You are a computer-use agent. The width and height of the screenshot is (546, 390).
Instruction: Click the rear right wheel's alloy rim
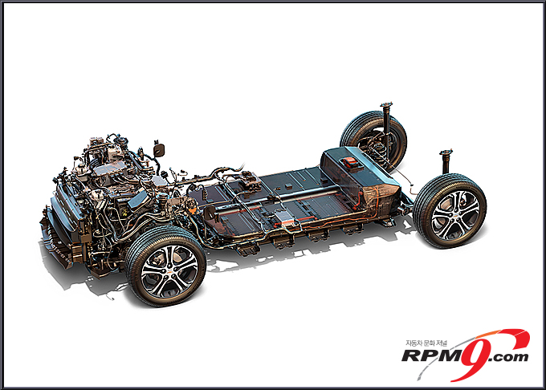pyautogui.click(x=454, y=215)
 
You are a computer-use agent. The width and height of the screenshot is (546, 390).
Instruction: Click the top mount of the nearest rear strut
pyautogui.click(x=446, y=153)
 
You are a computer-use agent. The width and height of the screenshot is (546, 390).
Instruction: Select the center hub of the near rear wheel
pyautogui.click(x=455, y=215)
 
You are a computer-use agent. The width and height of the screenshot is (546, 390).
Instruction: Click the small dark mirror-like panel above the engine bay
pyautogui.click(x=159, y=148)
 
